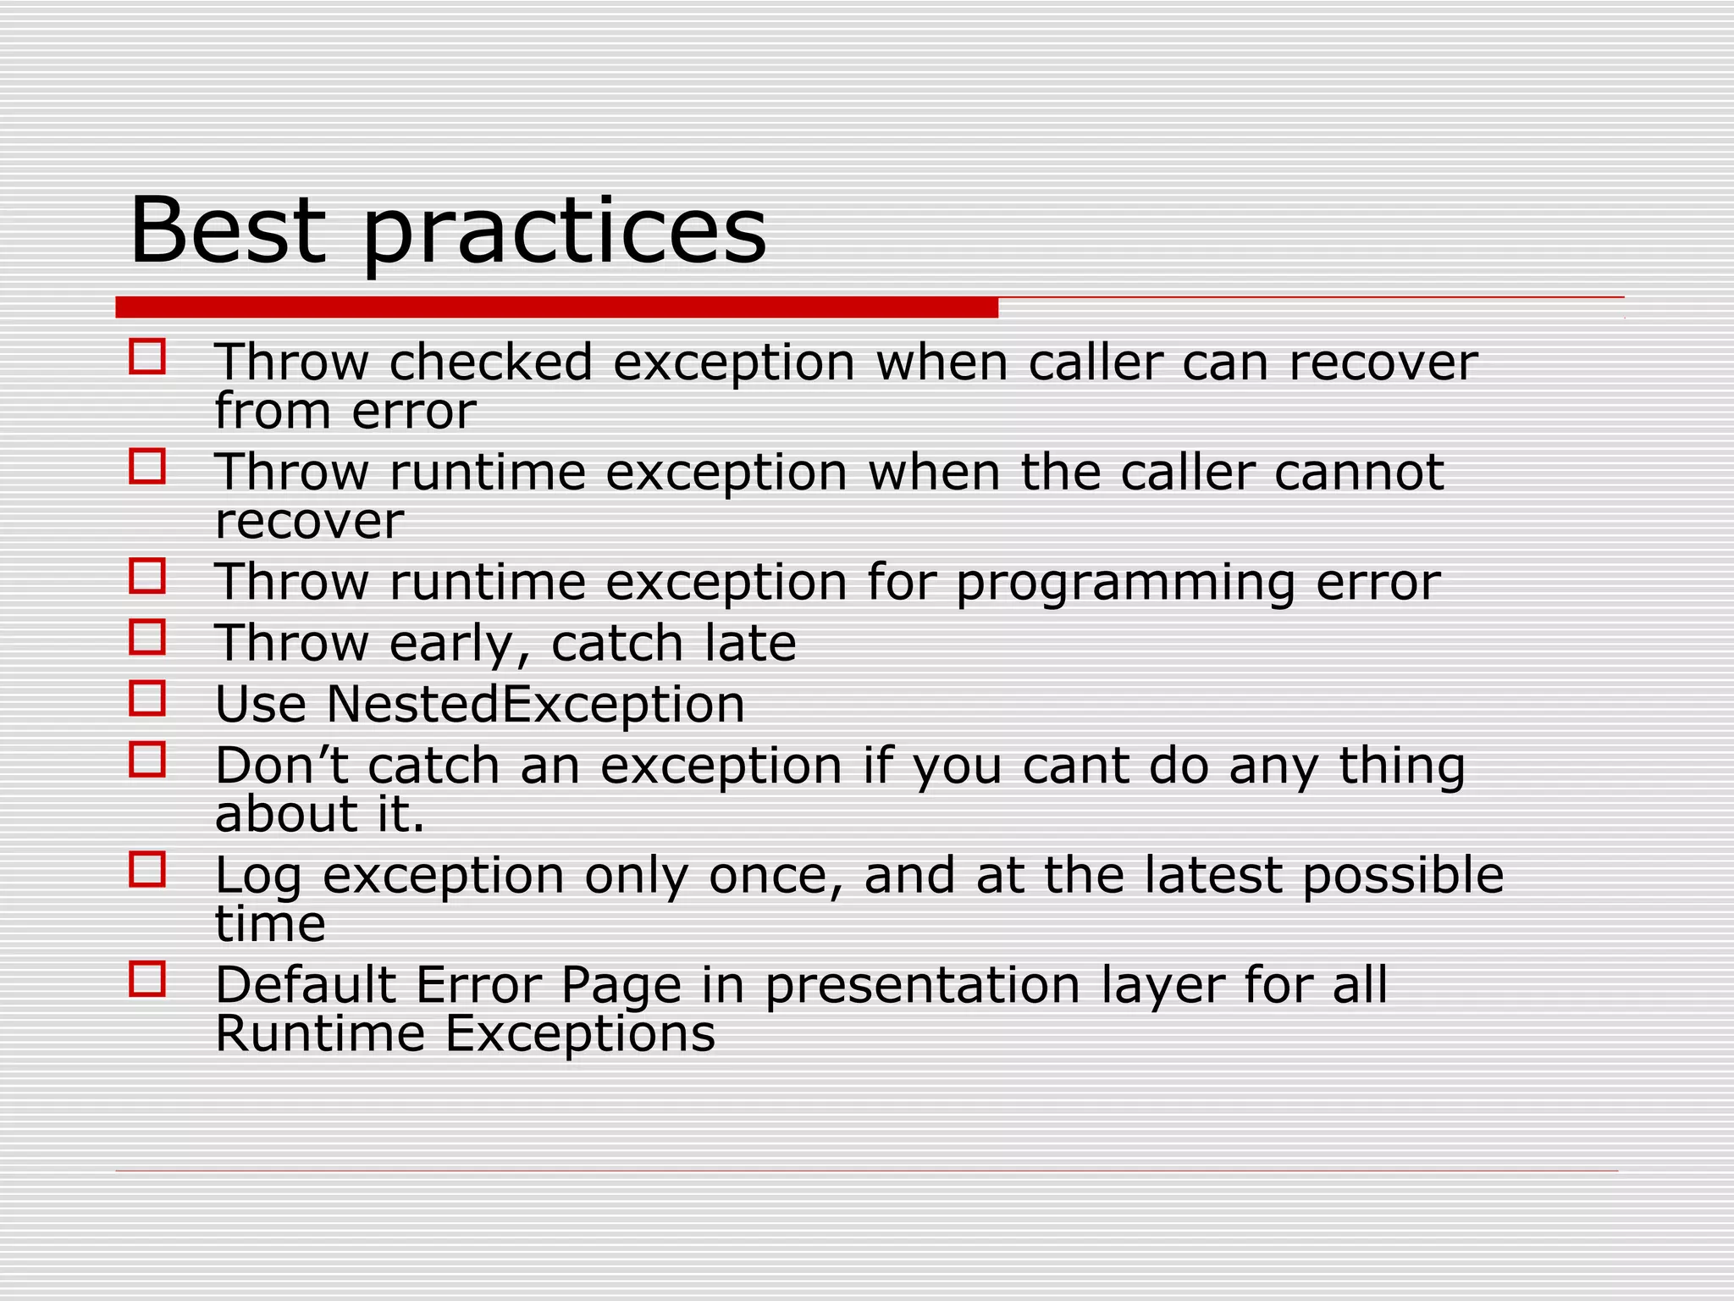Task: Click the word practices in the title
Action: click(564, 233)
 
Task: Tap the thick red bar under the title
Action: click(556, 307)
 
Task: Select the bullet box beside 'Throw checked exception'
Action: click(147, 357)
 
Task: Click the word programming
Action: click(1125, 584)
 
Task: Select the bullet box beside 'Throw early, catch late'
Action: click(147, 637)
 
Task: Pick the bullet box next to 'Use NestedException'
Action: click(147, 698)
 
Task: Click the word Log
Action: click(258, 877)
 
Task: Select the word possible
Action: click(1403, 877)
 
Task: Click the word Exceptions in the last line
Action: click(580, 1034)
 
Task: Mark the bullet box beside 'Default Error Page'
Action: click(147, 978)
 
